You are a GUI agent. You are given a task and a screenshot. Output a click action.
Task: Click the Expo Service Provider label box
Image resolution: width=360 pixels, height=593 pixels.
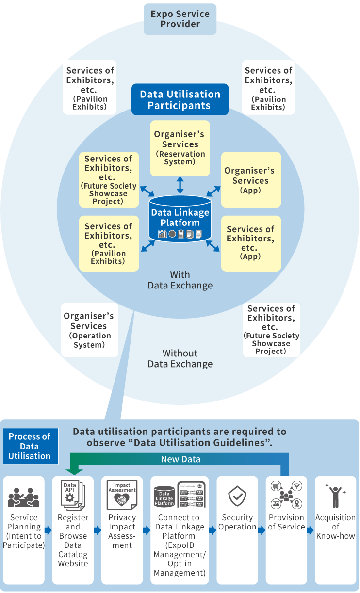[180, 19]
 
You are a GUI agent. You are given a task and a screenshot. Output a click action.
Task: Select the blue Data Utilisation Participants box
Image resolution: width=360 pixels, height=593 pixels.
[180, 100]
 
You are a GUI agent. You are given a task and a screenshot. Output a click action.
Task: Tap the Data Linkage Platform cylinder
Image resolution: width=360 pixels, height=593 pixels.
[180, 218]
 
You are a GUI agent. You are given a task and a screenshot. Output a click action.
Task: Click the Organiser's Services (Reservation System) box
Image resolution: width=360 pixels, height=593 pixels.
[180, 148]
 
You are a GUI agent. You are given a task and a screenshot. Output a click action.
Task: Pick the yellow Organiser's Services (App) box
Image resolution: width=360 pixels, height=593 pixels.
[251, 180]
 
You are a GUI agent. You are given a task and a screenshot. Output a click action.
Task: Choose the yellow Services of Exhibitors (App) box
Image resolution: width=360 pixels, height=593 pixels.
[251, 243]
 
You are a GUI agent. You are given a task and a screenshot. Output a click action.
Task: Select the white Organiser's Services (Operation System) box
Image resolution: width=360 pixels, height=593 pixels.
[89, 330]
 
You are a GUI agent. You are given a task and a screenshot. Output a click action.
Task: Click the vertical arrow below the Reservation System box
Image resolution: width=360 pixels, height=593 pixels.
[180, 185]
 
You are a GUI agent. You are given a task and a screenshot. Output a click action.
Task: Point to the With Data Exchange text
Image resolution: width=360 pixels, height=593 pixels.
[180, 280]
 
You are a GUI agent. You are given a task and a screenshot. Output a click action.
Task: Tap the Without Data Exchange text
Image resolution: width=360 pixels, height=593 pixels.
[180, 359]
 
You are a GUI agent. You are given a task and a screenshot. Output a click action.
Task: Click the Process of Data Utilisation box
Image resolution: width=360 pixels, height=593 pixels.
[30, 446]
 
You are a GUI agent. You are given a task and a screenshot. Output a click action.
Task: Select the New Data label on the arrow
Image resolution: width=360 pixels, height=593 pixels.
[180, 459]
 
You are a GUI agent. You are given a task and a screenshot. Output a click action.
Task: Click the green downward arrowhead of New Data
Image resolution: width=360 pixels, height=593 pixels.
[73, 470]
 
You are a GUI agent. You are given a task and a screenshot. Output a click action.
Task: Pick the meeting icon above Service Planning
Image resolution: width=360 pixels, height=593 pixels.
[24, 497]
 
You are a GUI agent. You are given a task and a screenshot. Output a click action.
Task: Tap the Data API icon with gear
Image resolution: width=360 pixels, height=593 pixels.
[73, 494]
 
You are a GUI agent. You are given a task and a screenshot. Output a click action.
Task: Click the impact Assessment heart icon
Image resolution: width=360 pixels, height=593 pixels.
[122, 495]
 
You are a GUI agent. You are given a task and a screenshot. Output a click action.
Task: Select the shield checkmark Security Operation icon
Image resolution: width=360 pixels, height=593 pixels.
[237, 497]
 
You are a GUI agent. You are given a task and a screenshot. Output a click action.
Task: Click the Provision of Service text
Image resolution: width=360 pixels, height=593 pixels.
[286, 522]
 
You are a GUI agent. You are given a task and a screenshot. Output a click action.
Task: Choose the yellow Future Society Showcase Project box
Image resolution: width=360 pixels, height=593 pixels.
[109, 180]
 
